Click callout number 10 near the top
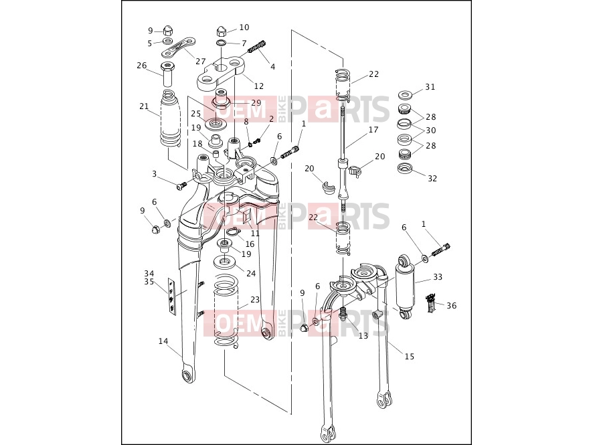(244, 27)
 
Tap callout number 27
(200, 61)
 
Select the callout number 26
(142, 66)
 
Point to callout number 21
(144, 106)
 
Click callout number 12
(258, 86)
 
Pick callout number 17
(373, 130)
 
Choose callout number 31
(430, 87)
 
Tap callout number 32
(432, 178)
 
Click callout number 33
(438, 277)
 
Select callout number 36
(452, 306)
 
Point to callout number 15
(410, 356)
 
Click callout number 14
(163, 341)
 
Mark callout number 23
(255, 299)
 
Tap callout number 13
(363, 336)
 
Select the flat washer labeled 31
(406, 94)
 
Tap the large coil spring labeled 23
(226, 310)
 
